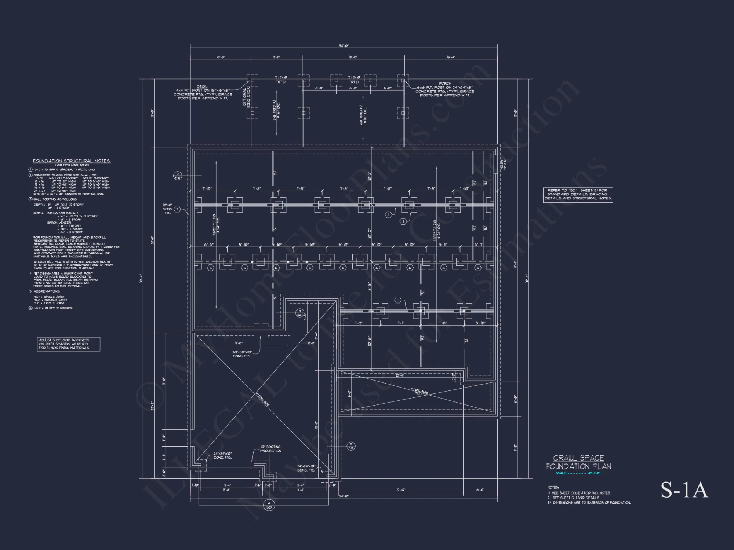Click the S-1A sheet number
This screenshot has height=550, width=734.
point(684,490)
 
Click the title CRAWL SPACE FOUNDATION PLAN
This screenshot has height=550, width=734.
point(578,462)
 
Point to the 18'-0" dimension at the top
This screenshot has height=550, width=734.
point(353,57)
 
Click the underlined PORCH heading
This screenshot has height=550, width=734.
point(445,84)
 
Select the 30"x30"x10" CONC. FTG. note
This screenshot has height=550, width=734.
point(242,354)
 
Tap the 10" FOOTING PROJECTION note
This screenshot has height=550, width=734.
point(270,449)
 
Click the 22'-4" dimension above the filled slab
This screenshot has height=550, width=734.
point(399,375)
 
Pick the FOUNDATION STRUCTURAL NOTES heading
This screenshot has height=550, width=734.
point(72,161)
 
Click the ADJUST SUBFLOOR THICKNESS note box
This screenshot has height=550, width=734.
point(69,344)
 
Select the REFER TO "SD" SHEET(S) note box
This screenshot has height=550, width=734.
point(578,195)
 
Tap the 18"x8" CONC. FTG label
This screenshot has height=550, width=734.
point(168,209)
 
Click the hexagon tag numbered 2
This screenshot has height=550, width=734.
point(403,221)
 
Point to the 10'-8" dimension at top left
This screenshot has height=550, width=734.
point(221,57)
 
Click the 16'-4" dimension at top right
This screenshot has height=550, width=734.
point(451,57)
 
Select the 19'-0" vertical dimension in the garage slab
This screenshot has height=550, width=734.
point(316,425)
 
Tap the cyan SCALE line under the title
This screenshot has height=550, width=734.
point(578,473)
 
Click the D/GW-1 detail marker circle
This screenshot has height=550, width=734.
point(299,313)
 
